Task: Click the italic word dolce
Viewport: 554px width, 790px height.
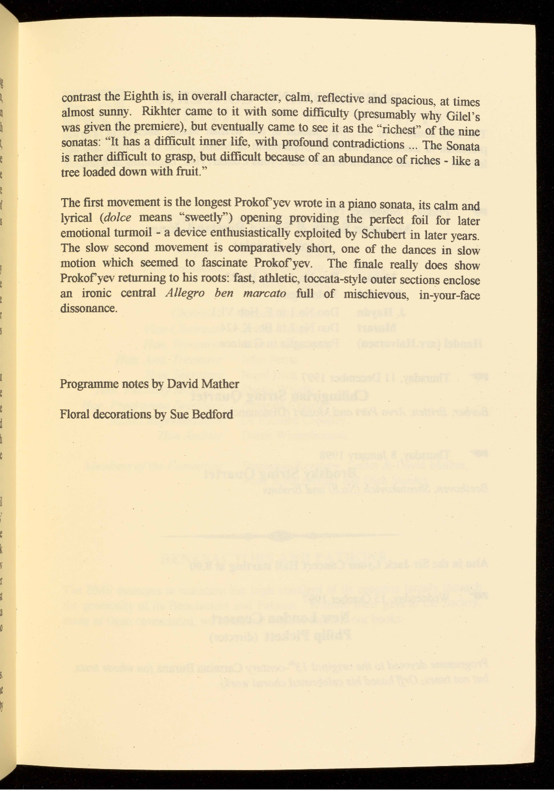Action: click(118, 218)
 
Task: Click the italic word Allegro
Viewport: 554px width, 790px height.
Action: click(184, 293)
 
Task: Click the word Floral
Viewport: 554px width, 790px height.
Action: click(74, 414)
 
